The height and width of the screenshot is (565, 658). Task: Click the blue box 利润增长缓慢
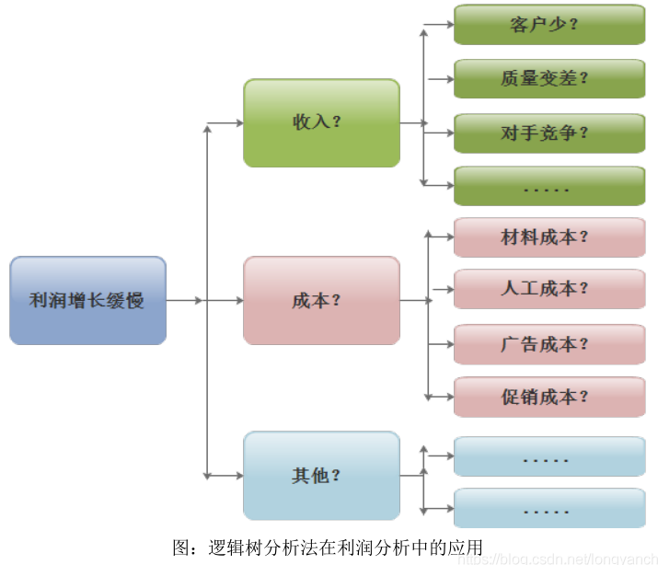pyautogui.click(x=87, y=300)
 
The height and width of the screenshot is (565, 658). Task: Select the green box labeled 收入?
pyautogui.click(x=321, y=122)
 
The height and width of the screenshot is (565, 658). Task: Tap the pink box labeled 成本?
pyautogui.click(x=321, y=300)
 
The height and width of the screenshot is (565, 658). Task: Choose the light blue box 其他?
pyautogui.click(x=321, y=476)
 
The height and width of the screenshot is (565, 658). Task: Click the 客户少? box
pyautogui.click(x=548, y=25)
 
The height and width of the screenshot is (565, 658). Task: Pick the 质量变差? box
pyautogui.click(x=548, y=78)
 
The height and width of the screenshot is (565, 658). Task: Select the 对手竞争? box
pyautogui.click(x=548, y=133)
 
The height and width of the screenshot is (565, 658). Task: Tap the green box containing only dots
pyautogui.click(x=548, y=186)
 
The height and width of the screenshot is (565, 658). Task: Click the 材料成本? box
pyautogui.click(x=548, y=237)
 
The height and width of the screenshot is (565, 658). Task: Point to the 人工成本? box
pyautogui.click(x=548, y=289)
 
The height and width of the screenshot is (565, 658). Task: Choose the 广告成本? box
pyautogui.click(x=548, y=344)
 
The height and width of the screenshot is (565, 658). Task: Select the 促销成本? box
pyautogui.click(x=548, y=397)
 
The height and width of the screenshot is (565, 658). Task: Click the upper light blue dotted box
pyautogui.click(x=548, y=456)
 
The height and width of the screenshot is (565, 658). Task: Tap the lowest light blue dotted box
pyautogui.click(x=548, y=508)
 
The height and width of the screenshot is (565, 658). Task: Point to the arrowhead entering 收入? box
pyautogui.click(x=237, y=122)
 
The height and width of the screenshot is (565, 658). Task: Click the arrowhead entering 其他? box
pyautogui.click(x=237, y=476)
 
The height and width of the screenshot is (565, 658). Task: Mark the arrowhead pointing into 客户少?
pyautogui.click(x=448, y=25)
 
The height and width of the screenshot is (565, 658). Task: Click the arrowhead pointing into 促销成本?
pyautogui.click(x=448, y=397)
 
